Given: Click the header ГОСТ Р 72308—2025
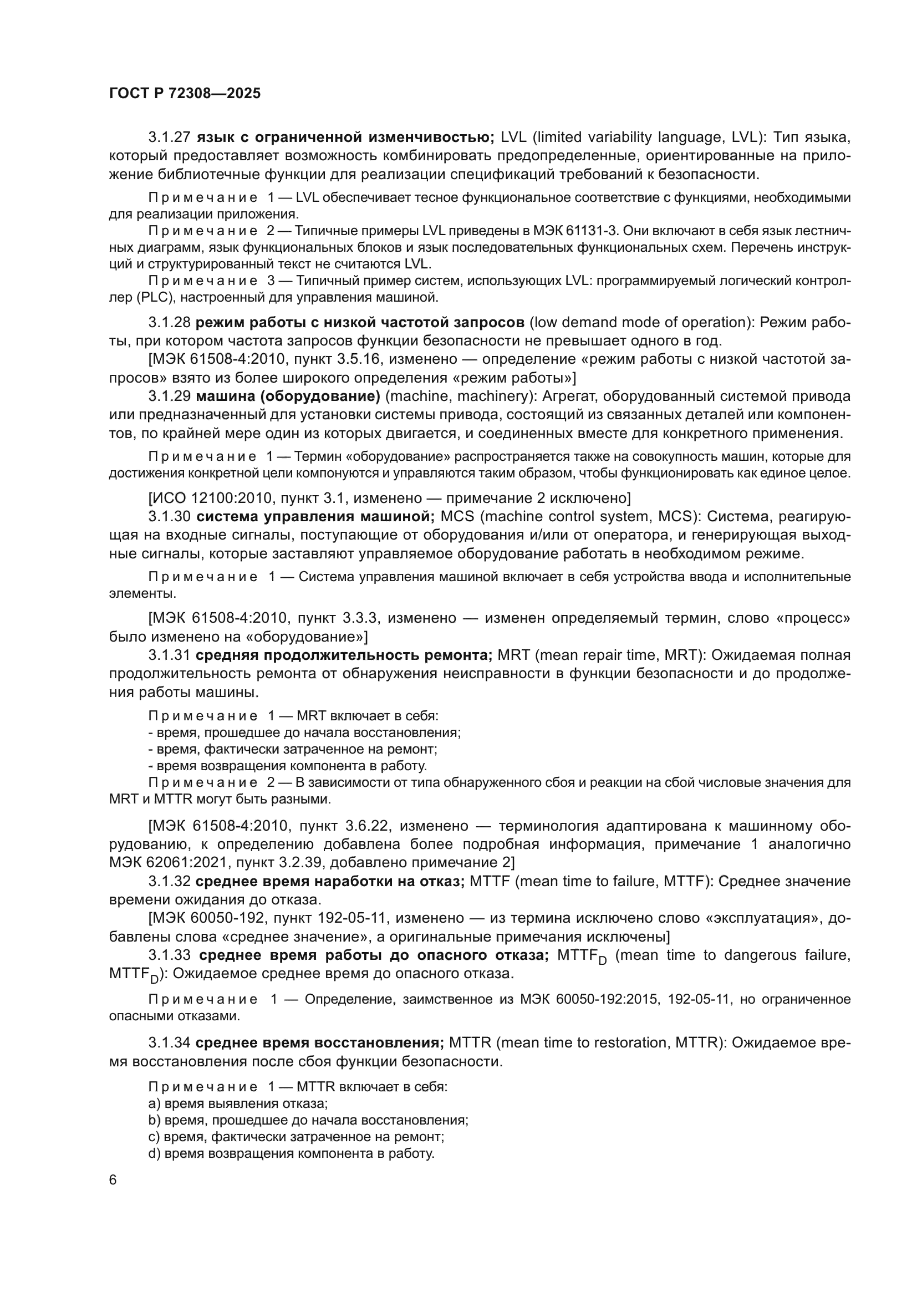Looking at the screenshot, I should [185, 94].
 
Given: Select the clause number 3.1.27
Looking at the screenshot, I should [169, 138].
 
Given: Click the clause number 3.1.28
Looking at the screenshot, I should [169, 323].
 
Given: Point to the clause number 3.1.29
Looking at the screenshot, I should [169, 396].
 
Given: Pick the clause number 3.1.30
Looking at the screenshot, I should [169, 517].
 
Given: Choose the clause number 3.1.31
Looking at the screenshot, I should [169, 655].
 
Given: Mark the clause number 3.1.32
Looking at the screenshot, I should [169, 881].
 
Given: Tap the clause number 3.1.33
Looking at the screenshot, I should [169, 955].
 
